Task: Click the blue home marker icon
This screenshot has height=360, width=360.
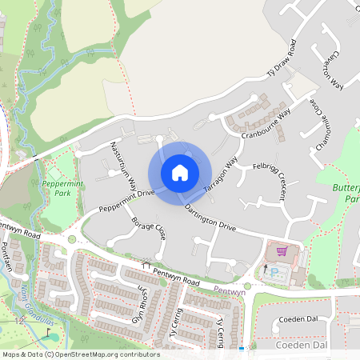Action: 180,172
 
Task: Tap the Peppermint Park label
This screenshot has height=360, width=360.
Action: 57,188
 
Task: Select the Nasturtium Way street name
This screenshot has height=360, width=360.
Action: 122,163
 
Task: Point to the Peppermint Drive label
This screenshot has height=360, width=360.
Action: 126,200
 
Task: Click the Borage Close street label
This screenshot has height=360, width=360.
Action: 148,227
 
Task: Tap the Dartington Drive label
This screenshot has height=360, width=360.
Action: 210,218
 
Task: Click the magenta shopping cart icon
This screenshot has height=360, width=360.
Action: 281,250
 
